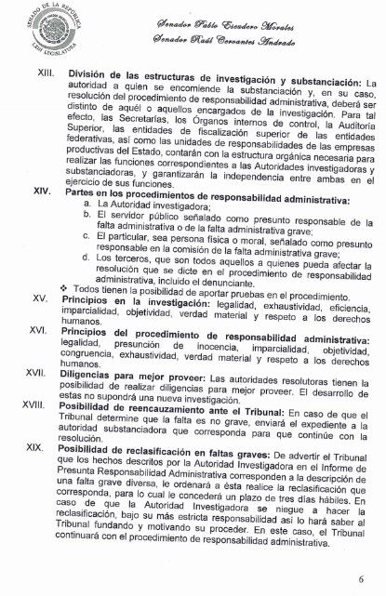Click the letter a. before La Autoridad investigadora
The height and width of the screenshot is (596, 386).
(x=87, y=204)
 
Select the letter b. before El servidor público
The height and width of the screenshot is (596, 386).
(x=87, y=216)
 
